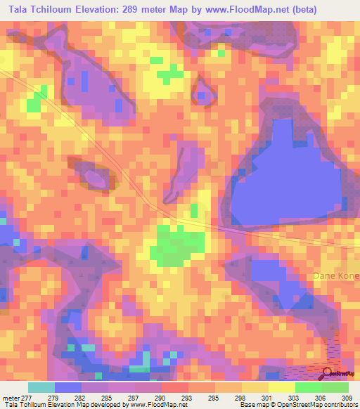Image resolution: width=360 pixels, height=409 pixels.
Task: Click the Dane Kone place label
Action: pos(335,277)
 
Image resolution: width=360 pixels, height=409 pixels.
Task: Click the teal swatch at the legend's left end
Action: pos(41,388)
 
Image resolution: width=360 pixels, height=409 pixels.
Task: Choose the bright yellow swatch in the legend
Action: pos(281,388)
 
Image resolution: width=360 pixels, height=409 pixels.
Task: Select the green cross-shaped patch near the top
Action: pos(170,73)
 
